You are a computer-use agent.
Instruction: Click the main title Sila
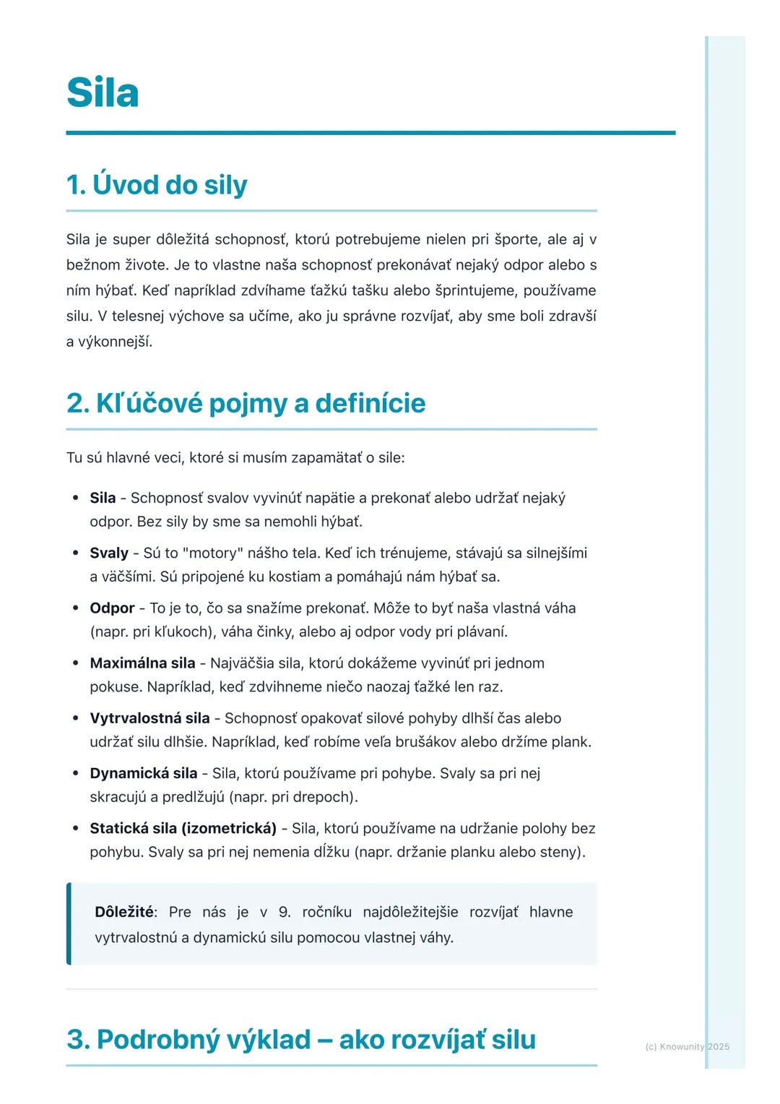click(x=103, y=93)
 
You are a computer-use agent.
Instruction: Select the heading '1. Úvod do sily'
click(x=157, y=185)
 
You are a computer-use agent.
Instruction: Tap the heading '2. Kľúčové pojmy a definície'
click(x=246, y=403)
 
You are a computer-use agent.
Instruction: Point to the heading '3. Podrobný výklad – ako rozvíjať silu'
click(x=301, y=1040)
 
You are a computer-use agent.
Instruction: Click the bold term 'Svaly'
click(x=109, y=553)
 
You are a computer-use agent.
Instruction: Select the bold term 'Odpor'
click(x=112, y=608)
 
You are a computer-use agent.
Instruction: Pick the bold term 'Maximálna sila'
click(x=142, y=663)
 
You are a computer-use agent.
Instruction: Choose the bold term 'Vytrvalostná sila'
click(x=149, y=718)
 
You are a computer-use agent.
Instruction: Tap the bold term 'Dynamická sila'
click(x=143, y=773)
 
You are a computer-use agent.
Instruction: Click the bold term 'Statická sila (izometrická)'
click(x=183, y=828)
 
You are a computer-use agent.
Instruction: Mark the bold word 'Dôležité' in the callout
click(x=124, y=912)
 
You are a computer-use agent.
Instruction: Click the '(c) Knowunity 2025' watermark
click(x=687, y=1047)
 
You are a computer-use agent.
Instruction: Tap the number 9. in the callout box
click(x=285, y=912)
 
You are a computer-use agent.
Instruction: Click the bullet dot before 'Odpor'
click(x=75, y=608)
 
